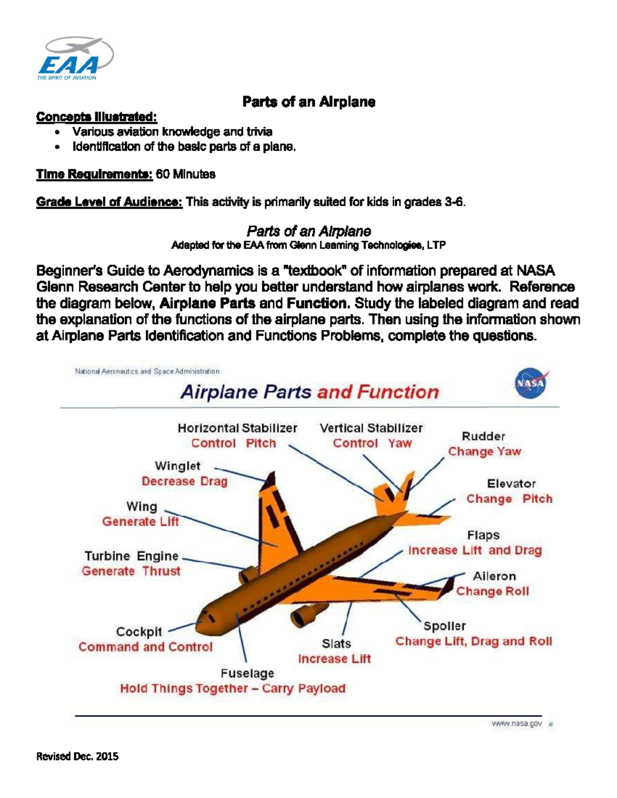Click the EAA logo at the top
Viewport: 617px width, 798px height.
[x=75, y=58]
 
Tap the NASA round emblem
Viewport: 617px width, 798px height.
[x=530, y=384]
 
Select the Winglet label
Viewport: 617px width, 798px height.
[x=177, y=466]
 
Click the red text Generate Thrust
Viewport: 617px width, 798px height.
[x=131, y=571]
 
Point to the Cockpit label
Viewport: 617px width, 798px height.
[x=139, y=632]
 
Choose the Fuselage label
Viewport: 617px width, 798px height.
[x=247, y=673]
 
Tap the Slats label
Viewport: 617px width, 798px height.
[x=336, y=643]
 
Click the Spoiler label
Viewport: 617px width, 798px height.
[x=444, y=626]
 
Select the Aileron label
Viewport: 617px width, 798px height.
[x=494, y=576]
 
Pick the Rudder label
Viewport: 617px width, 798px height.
[x=483, y=436]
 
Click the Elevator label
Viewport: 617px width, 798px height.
[x=511, y=484]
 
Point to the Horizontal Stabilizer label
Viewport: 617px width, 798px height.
[x=238, y=428]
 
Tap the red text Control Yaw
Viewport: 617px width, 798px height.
[x=372, y=443]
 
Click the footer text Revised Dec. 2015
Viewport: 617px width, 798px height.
[x=77, y=756]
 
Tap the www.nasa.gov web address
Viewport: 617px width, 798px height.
[x=516, y=723]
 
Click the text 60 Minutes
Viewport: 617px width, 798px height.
[x=186, y=174]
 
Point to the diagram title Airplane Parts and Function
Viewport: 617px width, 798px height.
[x=310, y=392]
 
